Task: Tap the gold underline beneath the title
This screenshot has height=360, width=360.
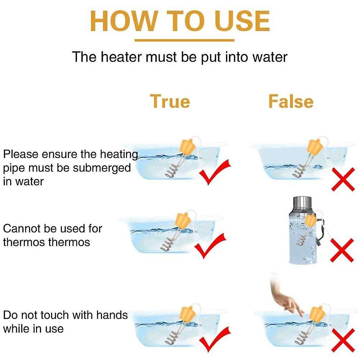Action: click(180, 41)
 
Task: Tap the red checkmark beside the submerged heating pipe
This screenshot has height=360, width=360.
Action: click(215, 173)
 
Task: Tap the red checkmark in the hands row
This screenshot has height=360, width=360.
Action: click(215, 339)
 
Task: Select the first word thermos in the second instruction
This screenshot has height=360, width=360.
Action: click(22, 242)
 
